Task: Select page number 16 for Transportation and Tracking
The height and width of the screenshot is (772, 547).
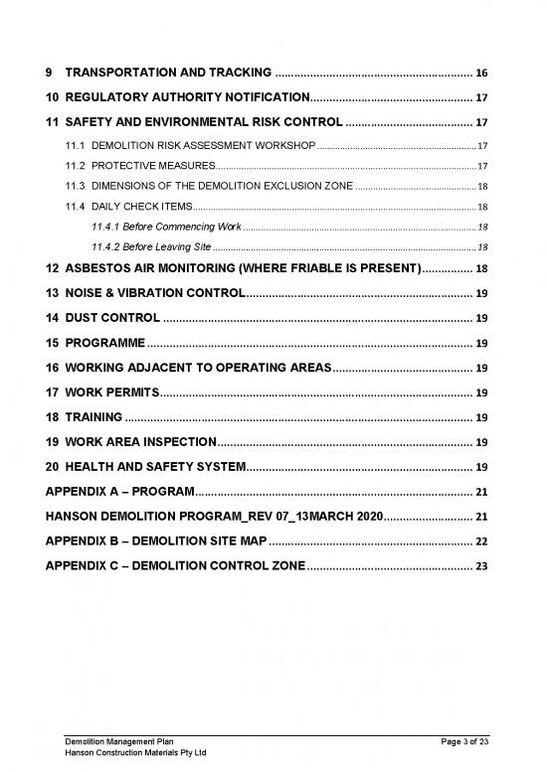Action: click(x=481, y=74)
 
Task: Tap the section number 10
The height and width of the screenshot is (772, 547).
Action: click(x=52, y=98)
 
